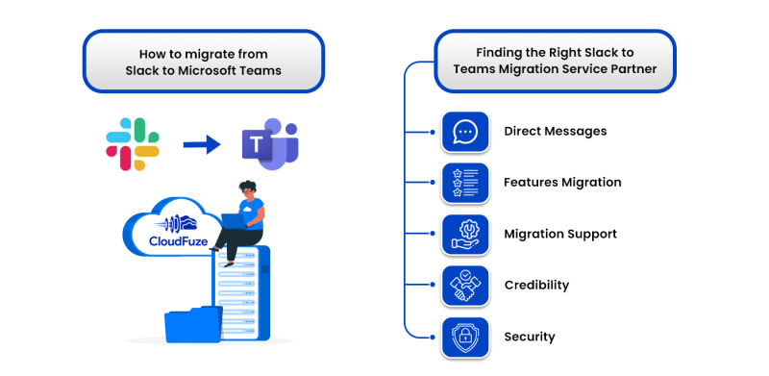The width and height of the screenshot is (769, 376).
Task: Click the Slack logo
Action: coord(132,144)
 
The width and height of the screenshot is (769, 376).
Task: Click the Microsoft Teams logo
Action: coord(268,145)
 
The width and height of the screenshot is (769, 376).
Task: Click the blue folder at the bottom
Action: coord(193,324)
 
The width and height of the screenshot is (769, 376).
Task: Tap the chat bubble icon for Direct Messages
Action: coord(465,132)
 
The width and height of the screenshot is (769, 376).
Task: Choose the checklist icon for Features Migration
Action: coord(465,183)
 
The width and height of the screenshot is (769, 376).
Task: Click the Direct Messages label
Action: coord(555,132)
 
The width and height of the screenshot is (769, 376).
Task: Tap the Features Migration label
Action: coord(562,183)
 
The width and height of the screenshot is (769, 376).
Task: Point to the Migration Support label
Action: coord(560,235)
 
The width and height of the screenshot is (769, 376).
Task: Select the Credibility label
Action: coord(536,286)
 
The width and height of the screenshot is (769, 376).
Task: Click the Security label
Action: coord(530,338)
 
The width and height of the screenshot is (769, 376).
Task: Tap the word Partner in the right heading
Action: coord(633,69)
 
